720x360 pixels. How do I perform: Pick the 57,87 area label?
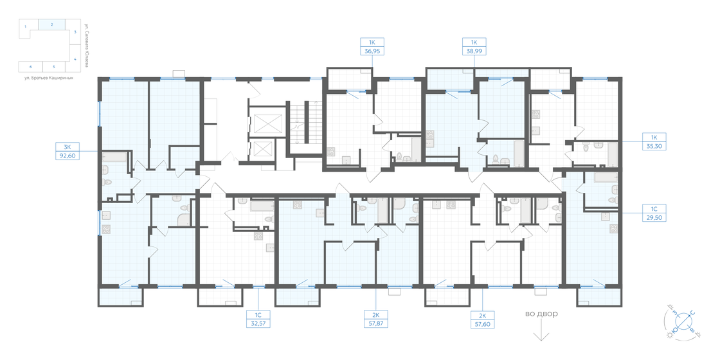point(374,324)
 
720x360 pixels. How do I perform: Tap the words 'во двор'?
point(541,314)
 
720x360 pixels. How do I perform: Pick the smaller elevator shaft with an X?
point(265,150)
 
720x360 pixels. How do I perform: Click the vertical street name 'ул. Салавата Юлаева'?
point(85,43)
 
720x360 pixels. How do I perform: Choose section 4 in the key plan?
point(75,59)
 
